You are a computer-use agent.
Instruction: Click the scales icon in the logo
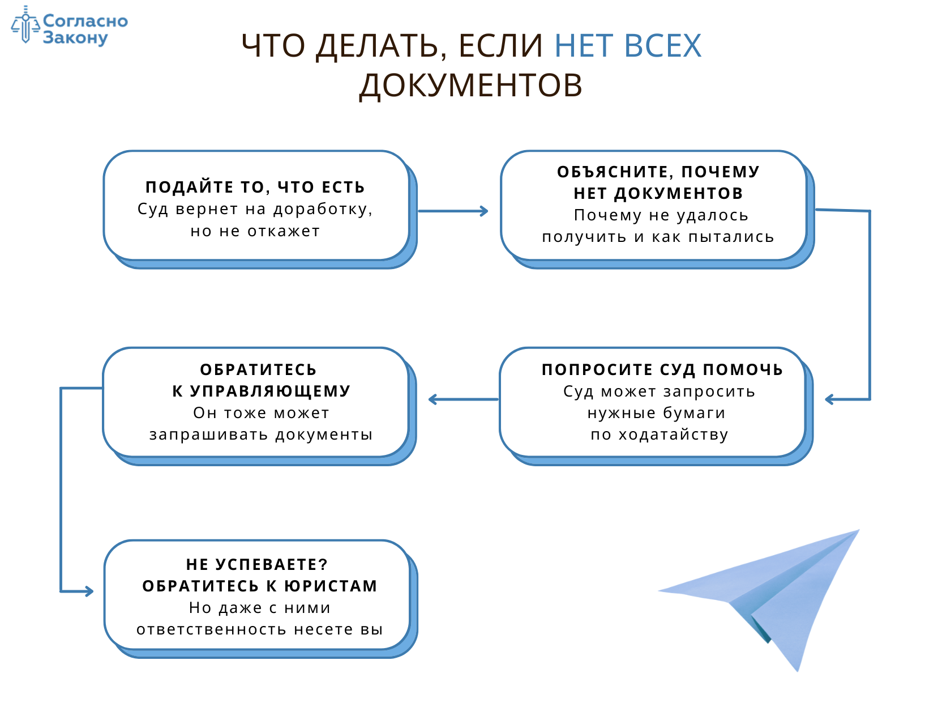point(25,25)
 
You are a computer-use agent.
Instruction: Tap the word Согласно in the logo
point(85,21)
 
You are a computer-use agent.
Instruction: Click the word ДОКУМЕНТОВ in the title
point(471,86)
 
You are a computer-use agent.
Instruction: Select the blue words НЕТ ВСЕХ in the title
point(628,46)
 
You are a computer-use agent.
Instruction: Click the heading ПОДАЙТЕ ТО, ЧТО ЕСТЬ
point(255,187)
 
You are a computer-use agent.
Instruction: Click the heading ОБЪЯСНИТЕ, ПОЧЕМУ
point(658,172)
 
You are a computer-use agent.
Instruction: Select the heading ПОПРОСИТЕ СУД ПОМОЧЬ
point(662,369)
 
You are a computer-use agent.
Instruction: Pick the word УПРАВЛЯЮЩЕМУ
point(270,391)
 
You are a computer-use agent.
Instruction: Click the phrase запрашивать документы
point(261,435)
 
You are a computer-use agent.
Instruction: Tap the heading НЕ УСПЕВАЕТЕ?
point(257,564)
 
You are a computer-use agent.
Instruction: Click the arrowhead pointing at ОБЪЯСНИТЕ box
point(483,211)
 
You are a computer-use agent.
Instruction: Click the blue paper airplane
point(781,595)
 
